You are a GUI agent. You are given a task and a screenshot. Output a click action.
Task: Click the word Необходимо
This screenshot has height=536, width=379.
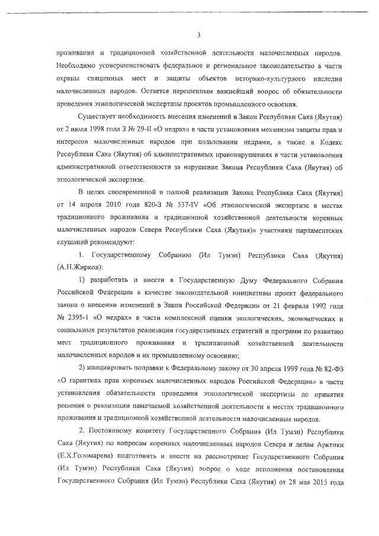click(x=78, y=65)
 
